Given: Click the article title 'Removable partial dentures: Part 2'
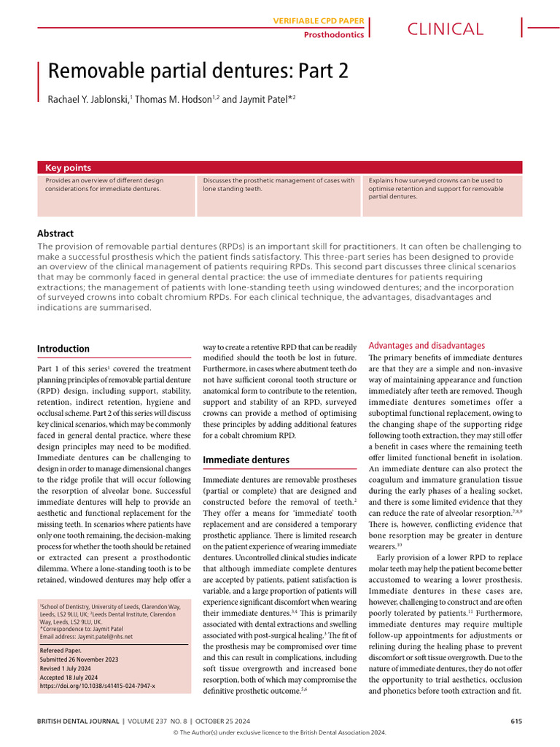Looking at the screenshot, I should tap(198, 71).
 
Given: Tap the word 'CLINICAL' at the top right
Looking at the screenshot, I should tap(445, 29).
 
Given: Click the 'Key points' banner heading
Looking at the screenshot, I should tap(69, 168).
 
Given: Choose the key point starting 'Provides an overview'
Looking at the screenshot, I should tap(104, 185).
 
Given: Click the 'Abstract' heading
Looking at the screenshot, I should tap(55, 233).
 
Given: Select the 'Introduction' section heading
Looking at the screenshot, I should tap(63, 349).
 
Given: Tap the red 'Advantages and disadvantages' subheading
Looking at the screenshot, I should tap(427, 345).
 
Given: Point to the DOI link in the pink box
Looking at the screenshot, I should tap(97, 686).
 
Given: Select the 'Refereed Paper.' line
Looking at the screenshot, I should tap(61, 649).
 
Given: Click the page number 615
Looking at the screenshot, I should tap(516, 721).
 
